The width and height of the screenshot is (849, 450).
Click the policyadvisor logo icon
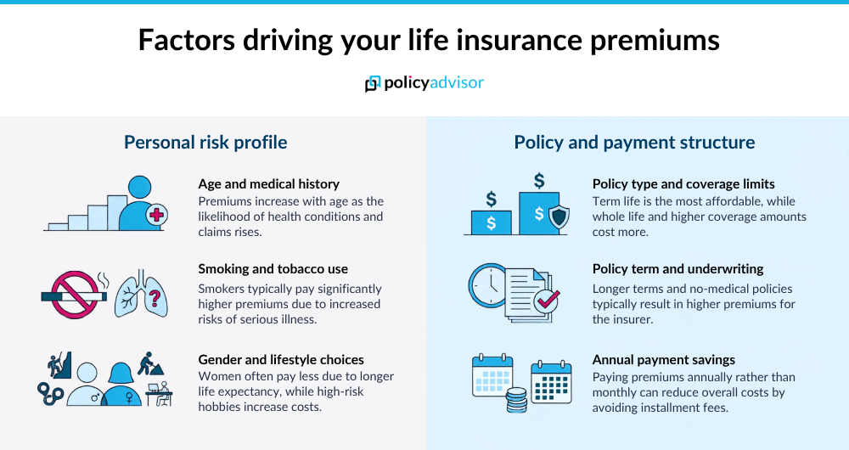[x=373, y=84]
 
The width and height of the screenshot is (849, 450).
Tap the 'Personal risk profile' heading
[x=205, y=143]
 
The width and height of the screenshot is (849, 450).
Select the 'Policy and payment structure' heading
[x=634, y=143]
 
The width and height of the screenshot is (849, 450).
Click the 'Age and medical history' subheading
[x=268, y=184]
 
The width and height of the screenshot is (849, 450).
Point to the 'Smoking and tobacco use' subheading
[x=273, y=269]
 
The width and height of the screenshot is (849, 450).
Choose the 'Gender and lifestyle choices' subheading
[x=281, y=359]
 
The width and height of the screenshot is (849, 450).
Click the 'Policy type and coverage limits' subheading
[x=683, y=184]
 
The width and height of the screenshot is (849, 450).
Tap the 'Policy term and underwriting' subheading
[x=678, y=269]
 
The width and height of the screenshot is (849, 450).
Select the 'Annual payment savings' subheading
[x=664, y=359]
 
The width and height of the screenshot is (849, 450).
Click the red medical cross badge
[x=156, y=215]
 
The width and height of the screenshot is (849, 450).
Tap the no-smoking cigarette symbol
[x=75, y=295]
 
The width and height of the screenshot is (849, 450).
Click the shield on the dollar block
[x=559, y=217]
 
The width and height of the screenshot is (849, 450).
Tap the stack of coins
[x=516, y=400]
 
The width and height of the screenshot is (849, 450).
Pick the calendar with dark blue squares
[x=551, y=382]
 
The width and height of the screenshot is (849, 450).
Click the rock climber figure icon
[x=60, y=365]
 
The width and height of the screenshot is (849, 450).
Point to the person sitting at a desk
[x=160, y=394]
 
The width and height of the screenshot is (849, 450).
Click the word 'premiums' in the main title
[x=655, y=41]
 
